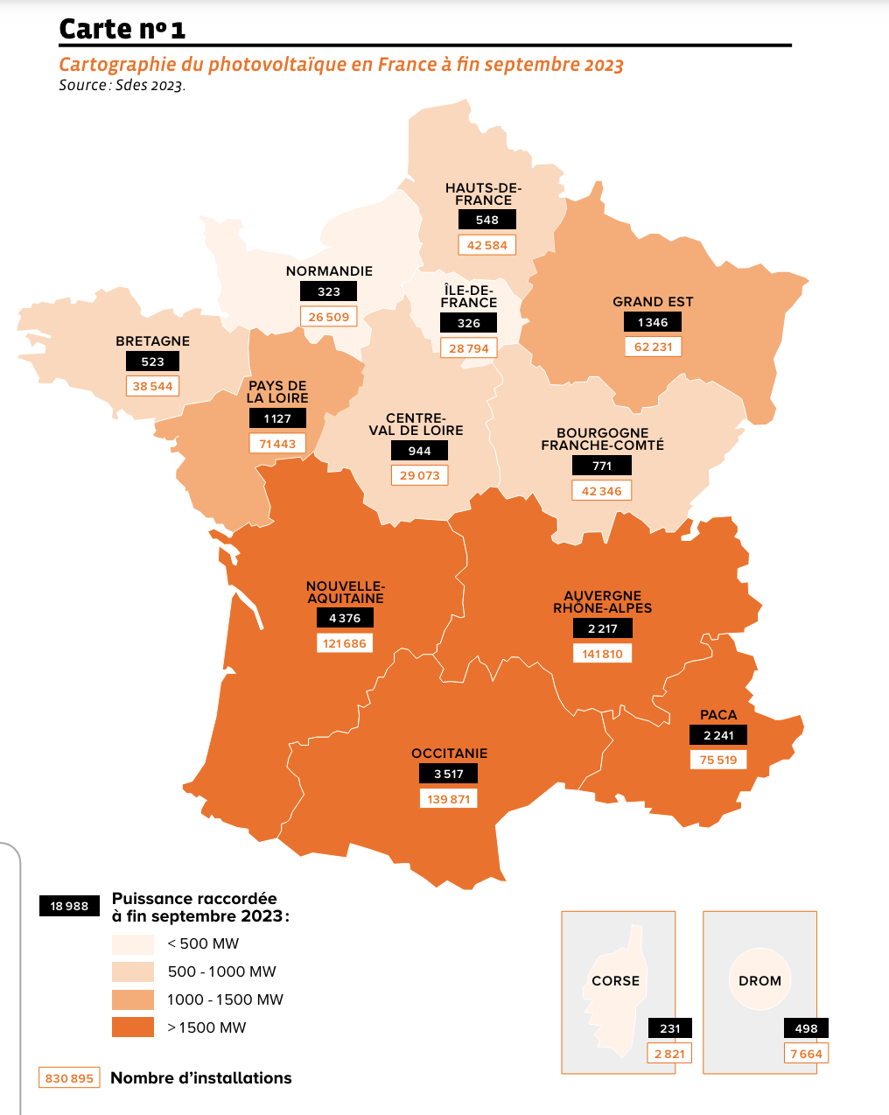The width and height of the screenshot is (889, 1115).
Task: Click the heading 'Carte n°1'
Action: (x=122, y=29)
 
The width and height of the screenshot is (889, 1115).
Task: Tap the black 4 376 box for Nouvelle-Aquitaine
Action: (x=345, y=618)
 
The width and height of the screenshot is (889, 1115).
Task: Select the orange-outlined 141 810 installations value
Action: (x=602, y=654)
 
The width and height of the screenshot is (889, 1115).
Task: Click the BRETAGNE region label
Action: (x=152, y=341)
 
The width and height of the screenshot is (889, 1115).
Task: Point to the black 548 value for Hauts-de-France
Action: (x=486, y=220)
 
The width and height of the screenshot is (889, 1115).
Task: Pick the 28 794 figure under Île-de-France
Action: (x=468, y=348)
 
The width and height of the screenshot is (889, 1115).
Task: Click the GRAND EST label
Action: (x=653, y=302)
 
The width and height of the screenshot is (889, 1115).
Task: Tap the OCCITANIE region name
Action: (x=449, y=754)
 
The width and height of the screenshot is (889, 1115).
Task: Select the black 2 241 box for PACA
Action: (x=718, y=735)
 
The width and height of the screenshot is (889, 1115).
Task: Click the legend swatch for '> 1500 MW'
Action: (x=133, y=1027)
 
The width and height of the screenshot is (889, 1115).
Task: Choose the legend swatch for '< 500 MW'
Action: (x=133, y=944)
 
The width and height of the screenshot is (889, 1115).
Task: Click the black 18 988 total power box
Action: (x=69, y=906)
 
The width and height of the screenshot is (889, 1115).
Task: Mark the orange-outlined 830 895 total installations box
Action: (x=69, y=1078)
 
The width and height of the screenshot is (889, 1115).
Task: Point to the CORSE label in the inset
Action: (x=615, y=981)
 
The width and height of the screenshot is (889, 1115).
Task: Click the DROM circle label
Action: (x=759, y=981)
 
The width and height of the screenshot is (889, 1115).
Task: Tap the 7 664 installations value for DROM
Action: (x=806, y=1054)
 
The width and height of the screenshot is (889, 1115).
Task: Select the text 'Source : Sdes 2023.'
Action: (x=122, y=86)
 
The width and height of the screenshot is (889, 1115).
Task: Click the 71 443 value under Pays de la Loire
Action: (x=277, y=444)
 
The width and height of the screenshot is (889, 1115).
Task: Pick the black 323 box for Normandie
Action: (x=328, y=291)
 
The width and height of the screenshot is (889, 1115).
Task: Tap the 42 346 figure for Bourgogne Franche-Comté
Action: (x=601, y=491)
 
